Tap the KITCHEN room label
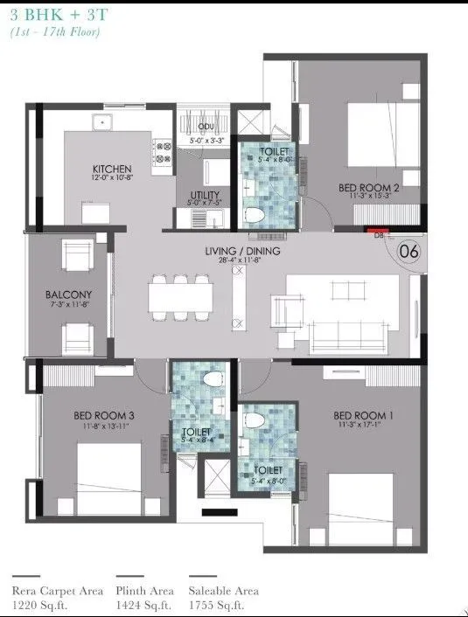point(113,169)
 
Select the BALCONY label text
point(69,295)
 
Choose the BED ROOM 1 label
point(360,414)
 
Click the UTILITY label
point(204,195)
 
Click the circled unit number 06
point(408,251)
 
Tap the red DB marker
point(380,231)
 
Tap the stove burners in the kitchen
point(162,153)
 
